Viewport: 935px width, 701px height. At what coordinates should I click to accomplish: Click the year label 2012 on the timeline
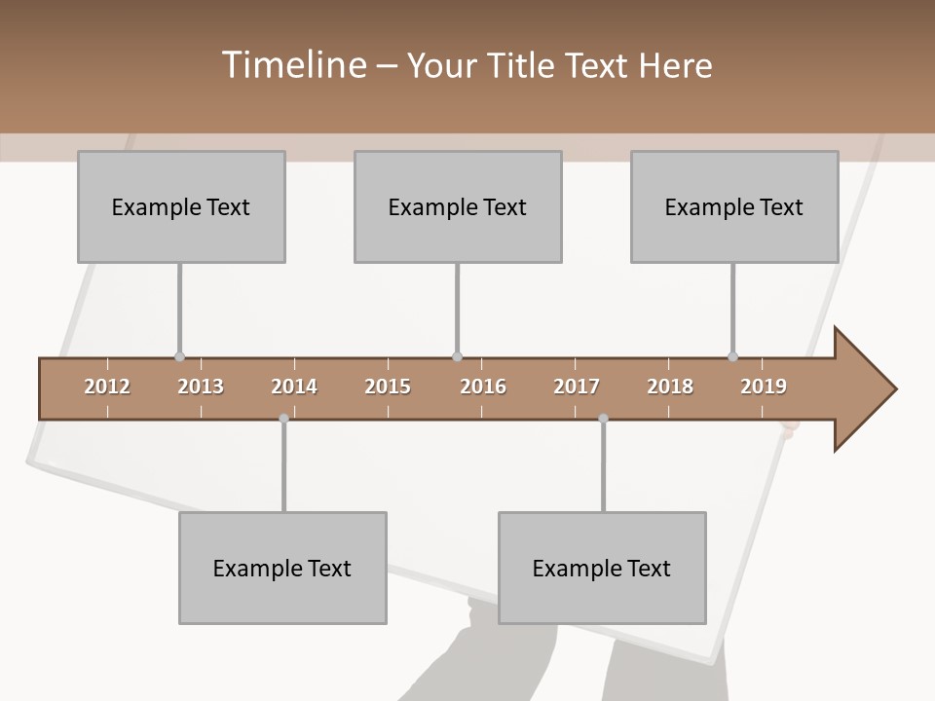click(107, 387)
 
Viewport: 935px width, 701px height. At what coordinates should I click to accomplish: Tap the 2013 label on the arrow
click(201, 387)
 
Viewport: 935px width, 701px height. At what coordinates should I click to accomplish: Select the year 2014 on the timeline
click(294, 387)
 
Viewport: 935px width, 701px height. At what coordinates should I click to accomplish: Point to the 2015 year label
click(388, 387)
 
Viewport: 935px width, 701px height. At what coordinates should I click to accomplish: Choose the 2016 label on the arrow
click(483, 387)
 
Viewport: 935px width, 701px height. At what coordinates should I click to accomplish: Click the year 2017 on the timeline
click(577, 387)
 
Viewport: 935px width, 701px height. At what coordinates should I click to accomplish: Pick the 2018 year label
click(670, 387)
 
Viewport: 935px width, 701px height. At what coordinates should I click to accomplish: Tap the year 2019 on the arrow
click(764, 387)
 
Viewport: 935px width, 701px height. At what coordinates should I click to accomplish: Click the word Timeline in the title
click(292, 65)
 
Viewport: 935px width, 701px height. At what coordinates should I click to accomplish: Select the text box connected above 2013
click(181, 206)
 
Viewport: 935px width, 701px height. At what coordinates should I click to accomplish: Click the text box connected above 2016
click(458, 206)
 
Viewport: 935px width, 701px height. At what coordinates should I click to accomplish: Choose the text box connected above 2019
click(734, 206)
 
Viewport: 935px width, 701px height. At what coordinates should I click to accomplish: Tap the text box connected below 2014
click(282, 568)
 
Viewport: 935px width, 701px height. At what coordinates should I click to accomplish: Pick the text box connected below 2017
click(602, 568)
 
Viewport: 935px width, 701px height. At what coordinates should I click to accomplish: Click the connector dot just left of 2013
click(179, 356)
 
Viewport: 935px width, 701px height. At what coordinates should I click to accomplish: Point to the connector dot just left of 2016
click(457, 356)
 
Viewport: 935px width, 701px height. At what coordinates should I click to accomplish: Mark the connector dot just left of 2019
click(732, 356)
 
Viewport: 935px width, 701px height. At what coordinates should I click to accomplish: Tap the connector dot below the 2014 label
click(283, 419)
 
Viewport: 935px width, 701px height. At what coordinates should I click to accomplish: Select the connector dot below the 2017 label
click(603, 419)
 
